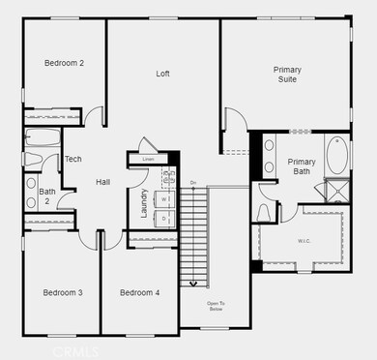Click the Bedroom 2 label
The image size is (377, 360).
click(x=64, y=64)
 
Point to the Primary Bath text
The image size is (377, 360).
click(x=302, y=166)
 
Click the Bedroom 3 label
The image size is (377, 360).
click(x=62, y=292)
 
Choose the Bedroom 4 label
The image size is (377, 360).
click(x=139, y=292)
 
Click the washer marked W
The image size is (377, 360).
click(x=163, y=199)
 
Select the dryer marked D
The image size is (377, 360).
click(x=163, y=219)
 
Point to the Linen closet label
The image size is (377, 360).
click(x=147, y=159)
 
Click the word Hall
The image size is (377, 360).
click(x=103, y=182)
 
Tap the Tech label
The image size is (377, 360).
click(x=72, y=160)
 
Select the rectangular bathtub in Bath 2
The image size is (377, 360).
click(x=42, y=136)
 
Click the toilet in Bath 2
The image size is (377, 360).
click(x=30, y=159)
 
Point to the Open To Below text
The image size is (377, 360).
click(x=217, y=307)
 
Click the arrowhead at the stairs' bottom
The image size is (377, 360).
click(x=193, y=284)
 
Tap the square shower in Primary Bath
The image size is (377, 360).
click(x=337, y=190)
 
